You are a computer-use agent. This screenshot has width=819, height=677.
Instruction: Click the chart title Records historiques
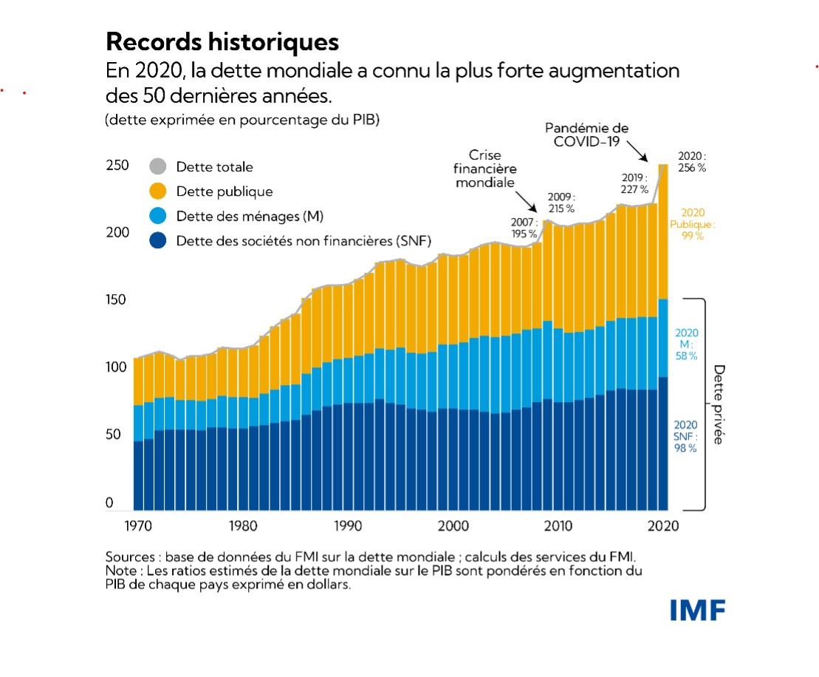pos(222,41)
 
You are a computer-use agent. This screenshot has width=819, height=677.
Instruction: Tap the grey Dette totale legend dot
pos(157,167)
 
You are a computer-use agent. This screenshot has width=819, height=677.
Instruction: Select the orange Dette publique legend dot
pos(157,191)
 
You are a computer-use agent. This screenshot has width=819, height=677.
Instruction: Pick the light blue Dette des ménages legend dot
pos(157,216)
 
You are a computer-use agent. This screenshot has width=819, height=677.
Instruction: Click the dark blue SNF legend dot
pos(157,240)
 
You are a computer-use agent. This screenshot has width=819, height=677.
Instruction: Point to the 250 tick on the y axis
pos(117,166)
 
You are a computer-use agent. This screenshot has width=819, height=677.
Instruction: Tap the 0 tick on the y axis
pos(110,503)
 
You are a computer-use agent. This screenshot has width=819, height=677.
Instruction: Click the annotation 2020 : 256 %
pos(692,162)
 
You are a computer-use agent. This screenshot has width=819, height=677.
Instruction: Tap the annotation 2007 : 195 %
pos(524,228)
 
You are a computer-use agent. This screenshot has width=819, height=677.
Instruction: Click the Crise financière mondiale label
pos(485,169)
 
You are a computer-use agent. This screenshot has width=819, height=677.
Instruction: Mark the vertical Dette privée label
pos(718,404)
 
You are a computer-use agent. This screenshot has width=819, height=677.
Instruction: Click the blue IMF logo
pos(698,610)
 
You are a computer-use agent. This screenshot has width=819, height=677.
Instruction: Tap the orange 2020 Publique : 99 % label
pos(692,224)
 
